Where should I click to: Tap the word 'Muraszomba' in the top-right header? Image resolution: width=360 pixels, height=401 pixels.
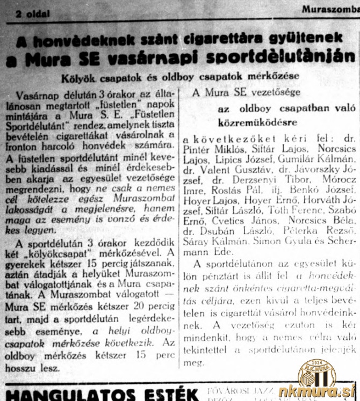point(330,9)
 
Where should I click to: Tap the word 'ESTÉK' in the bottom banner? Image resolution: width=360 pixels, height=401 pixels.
point(166,391)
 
